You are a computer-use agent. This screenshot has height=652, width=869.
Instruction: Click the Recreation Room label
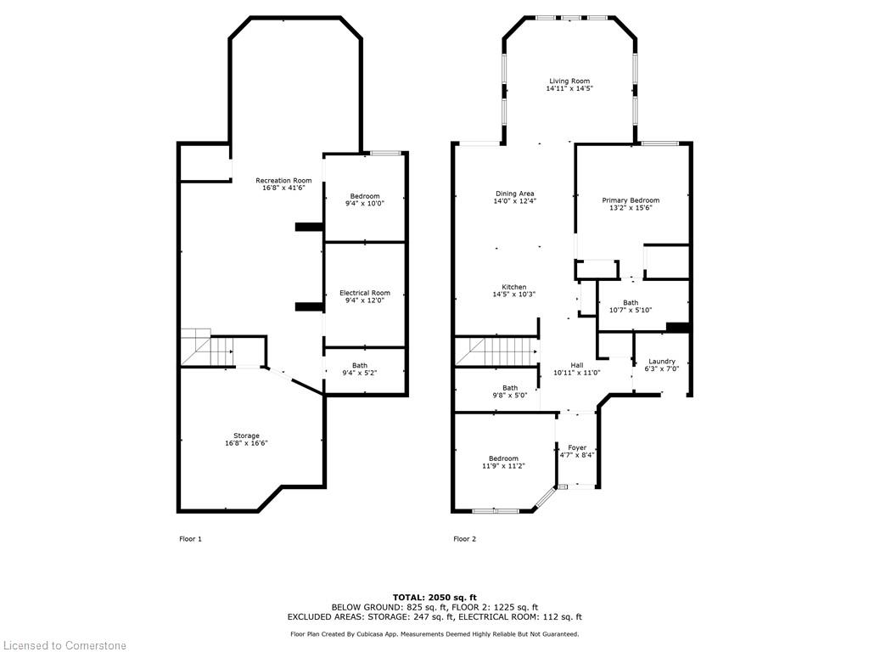(283, 180)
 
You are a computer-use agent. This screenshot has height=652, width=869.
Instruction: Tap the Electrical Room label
(365, 293)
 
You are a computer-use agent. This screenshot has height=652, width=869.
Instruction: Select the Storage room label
(246, 436)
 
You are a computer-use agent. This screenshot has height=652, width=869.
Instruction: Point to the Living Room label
(569, 81)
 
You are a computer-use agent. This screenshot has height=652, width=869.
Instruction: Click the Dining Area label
(515, 194)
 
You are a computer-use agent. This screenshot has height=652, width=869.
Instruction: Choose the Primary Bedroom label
(631, 200)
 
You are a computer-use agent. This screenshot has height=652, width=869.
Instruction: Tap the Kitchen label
(514, 287)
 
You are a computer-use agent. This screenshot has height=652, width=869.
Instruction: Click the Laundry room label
(662, 361)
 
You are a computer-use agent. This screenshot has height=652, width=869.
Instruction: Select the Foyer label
(577, 447)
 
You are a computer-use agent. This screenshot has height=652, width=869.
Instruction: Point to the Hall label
(577, 365)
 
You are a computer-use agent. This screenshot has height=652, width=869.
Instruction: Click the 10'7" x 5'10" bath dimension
(631, 310)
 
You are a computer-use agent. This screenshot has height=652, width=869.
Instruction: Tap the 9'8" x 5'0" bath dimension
(510, 396)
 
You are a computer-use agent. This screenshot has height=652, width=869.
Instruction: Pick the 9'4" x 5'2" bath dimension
(360, 374)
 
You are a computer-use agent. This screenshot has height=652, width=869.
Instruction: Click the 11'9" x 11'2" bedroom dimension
(503, 466)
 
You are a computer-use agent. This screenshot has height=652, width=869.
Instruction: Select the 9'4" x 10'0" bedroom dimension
(365, 204)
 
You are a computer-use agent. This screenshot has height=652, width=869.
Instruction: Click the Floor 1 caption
(191, 539)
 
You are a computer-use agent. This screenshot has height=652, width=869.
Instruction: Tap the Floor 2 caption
(464, 539)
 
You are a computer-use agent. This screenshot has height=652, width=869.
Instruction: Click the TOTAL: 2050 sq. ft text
(434, 597)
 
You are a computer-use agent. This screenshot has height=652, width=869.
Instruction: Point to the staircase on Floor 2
(496, 351)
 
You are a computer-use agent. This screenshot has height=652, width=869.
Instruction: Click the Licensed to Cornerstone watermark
(64, 645)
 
